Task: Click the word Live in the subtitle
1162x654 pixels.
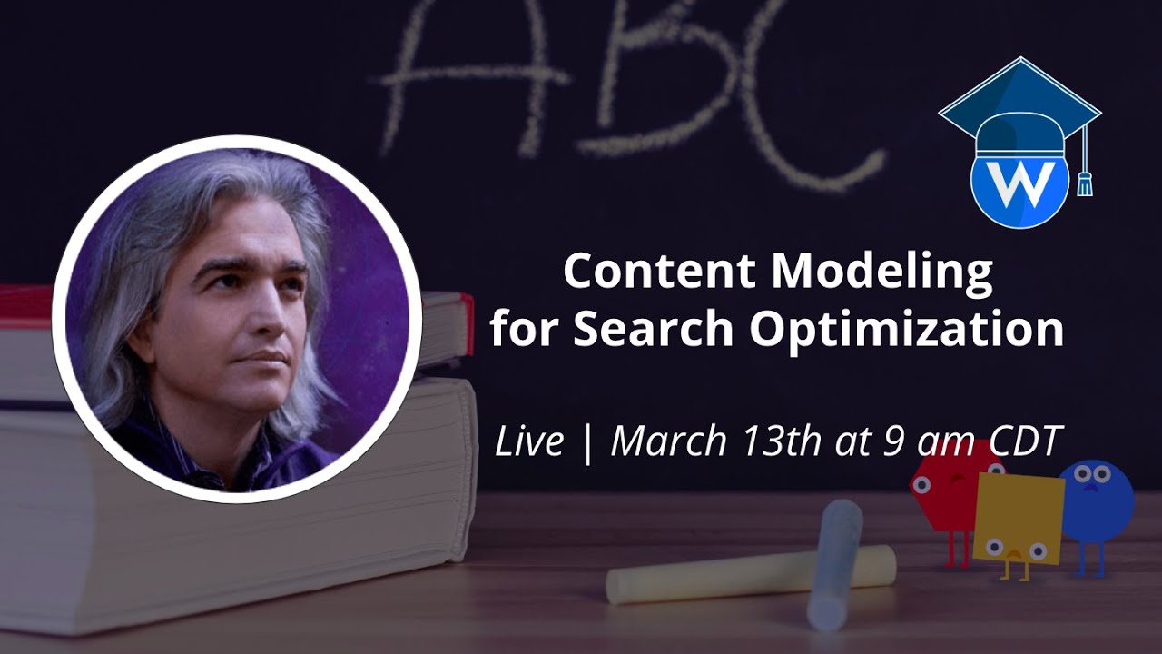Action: (x=529, y=442)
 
